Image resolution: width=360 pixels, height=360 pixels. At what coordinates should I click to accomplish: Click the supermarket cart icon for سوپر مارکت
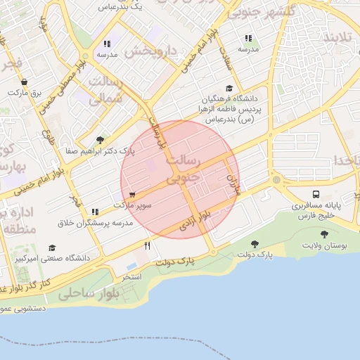[132, 194]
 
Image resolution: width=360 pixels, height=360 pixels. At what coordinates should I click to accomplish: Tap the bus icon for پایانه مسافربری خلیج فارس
[316, 194]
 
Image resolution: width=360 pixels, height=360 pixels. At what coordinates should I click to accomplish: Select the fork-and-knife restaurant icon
[147, 245]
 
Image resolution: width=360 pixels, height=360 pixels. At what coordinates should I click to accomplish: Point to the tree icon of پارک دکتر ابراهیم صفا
[100, 140]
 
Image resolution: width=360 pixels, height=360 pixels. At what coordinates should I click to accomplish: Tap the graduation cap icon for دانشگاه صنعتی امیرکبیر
[52, 248]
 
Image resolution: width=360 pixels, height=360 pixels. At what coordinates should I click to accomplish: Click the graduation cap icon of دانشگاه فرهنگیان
[229, 88]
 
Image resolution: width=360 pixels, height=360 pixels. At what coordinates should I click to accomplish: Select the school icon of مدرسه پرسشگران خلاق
[94, 211]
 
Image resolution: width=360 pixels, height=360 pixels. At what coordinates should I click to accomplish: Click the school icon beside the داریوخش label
[106, 44]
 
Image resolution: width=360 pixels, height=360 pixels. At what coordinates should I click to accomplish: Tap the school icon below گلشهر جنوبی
[247, 39]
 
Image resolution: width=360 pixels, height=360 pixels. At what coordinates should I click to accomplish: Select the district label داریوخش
[150, 51]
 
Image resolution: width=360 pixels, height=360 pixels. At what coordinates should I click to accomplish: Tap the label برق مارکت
[26, 92]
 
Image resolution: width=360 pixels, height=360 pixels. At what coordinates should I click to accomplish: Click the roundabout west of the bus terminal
[276, 179]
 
